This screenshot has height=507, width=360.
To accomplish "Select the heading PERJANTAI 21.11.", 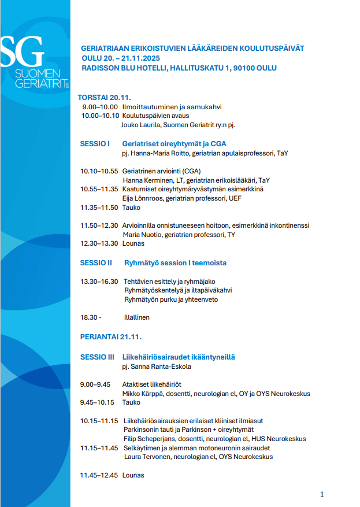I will pos(110,336).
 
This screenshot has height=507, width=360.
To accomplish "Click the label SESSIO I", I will pos(95,143).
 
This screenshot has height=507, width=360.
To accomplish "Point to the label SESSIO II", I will pos(96,262).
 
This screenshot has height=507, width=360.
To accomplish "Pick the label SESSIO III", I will pos(97,357).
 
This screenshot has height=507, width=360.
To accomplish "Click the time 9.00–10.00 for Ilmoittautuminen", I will pos(99,107).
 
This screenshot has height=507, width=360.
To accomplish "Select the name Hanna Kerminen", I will pos(144,180).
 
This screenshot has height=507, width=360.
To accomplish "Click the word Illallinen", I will pos(137,317).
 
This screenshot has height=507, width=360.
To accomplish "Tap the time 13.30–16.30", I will pos(99,281).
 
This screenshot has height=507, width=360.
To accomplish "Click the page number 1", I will pos(322,494).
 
